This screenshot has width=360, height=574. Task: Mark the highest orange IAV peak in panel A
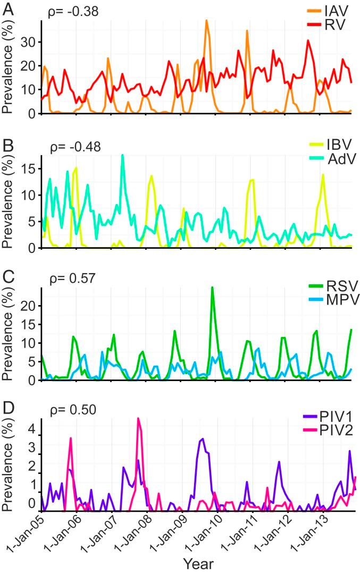[207, 21]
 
